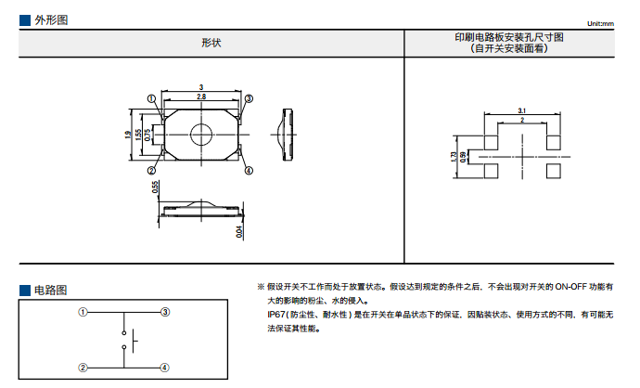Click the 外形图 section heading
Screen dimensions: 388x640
(x=50, y=20)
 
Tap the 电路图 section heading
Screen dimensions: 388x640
(x=50, y=291)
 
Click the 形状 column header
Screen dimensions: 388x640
(x=211, y=43)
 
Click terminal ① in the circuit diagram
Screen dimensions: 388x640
(x=83, y=313)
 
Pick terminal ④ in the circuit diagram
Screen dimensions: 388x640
(x=164, y=368)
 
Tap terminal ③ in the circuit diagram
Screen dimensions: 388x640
(x=164, y=313)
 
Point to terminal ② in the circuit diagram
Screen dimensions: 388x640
(x=83, y=368)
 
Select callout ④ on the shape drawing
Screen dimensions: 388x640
(x=249, y=171)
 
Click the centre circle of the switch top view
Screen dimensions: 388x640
(x=201, y=135)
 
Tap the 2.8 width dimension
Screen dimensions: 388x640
(x=201, y=97)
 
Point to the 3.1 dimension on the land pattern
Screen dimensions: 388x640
(x=522, y=110)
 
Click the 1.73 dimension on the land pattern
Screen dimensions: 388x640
(x=453, y=157)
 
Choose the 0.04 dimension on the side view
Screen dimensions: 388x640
(x=238, y=230)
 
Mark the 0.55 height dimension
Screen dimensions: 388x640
(x=155, y=188)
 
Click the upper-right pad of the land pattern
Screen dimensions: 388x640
(x=554, y=141)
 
